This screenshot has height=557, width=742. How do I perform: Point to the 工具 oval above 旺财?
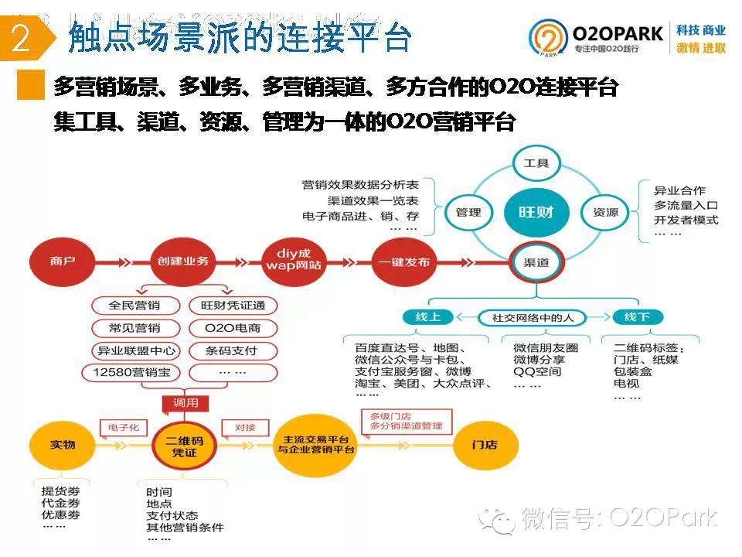click(536, 163)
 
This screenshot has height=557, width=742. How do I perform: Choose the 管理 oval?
click(469, 212)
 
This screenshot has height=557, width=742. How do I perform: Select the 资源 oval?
click(605, 212)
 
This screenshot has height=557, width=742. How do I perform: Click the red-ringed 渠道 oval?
click(536, 262)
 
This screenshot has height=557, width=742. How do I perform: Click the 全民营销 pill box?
click(136, 306)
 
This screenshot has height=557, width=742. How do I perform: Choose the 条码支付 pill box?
click(232, 350)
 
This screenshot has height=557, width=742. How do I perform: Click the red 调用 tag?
click(185, 403)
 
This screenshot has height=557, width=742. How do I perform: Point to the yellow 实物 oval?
click(63, 446)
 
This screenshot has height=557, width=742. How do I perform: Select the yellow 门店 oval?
click(485, 446)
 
